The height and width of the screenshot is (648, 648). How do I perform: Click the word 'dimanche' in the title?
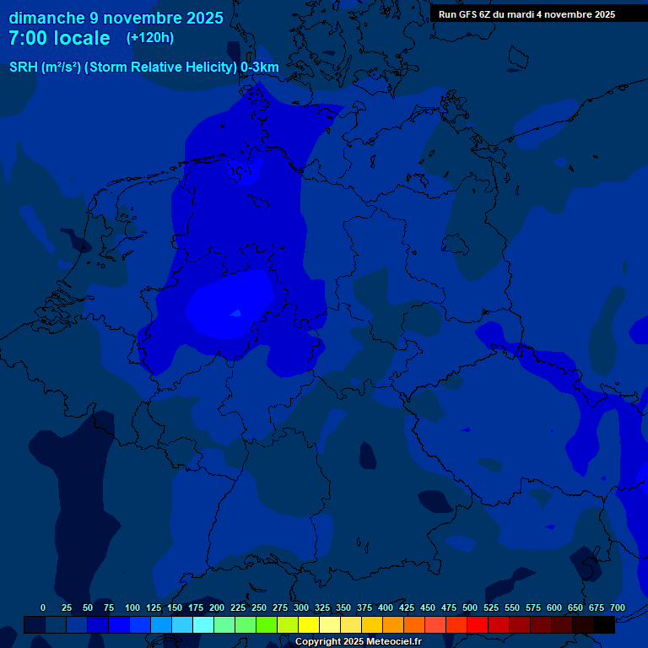point(46,18)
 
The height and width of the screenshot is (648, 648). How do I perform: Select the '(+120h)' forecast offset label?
point(150,38)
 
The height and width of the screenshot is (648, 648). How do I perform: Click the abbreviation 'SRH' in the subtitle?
point(24,67)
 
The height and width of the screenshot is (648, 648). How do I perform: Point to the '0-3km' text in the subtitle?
point(260,67)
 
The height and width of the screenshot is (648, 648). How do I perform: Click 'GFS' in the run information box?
point(477,14)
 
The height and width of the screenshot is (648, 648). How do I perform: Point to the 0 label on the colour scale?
point(43,607)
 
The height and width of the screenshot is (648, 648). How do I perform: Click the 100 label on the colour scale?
point(132,607)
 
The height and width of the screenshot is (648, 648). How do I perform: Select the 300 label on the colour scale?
point(301,607)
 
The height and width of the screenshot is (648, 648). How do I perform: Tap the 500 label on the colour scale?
point(470,607)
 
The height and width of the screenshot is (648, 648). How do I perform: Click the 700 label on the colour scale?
point(618,607)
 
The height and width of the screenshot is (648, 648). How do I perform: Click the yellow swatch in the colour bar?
point(309,624)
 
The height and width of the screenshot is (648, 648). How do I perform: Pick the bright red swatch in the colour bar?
point(478,624)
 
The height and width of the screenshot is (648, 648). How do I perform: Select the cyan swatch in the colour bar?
point(203,624)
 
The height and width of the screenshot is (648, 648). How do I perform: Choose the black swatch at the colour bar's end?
point(604,624)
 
